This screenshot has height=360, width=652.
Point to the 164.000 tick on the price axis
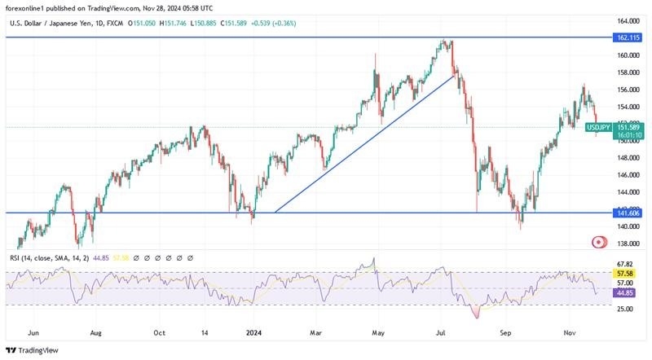[628, 21]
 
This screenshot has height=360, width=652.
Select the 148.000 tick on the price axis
[628, 158]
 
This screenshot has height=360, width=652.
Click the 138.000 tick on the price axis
[628, 244]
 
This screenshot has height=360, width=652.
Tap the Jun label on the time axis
[33, 332]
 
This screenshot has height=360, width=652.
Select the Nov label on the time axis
[571, 332]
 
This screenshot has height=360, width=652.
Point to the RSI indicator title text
[58, 257]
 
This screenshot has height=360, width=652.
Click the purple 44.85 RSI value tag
[623, 292]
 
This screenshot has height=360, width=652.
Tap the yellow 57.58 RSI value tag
[623, 274]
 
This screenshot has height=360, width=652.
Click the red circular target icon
[600, 242]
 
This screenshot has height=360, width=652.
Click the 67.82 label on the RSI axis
[626, 264]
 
